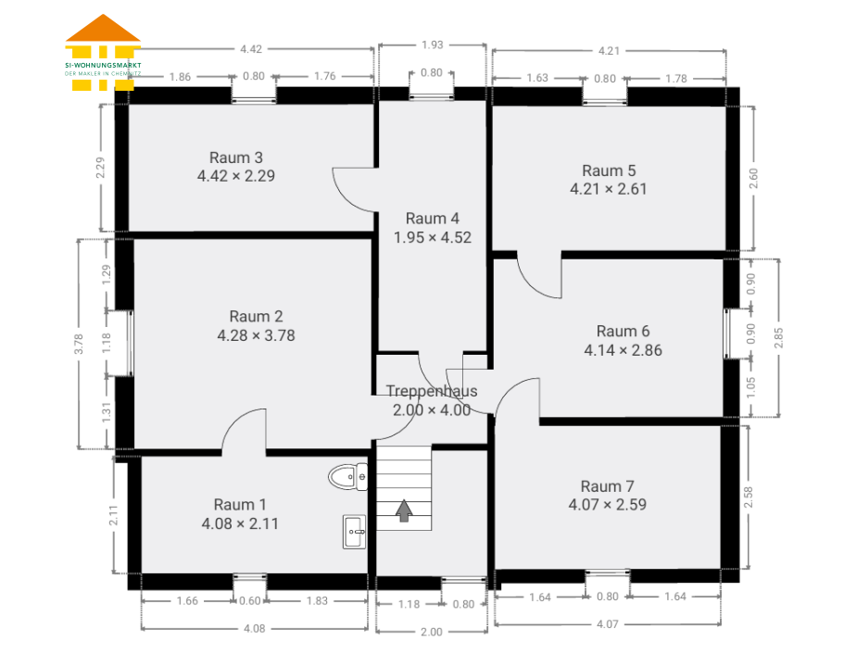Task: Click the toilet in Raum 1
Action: point(348,476)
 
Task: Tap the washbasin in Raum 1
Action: point(354,532)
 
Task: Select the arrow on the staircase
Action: point(404,510)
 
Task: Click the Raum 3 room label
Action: point(235,157)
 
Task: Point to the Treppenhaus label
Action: point(432,391)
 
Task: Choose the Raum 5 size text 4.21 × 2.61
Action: point(609,189)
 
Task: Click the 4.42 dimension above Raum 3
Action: point(251,49)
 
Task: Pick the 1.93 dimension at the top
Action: point(433,44)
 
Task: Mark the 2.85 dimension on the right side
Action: point(778,337)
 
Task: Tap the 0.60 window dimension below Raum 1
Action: point(250,601)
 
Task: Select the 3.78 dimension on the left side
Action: point(79,344)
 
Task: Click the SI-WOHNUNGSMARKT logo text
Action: point(103,65)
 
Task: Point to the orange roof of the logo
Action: point(103,28)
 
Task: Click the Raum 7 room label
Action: point(607,486)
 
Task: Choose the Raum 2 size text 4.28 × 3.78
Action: point(256,335)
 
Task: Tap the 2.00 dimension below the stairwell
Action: point(431,632)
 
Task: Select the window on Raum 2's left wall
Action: point(129,343)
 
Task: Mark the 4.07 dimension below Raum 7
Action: point(607,624)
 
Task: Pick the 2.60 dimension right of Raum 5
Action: point(752,178)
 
